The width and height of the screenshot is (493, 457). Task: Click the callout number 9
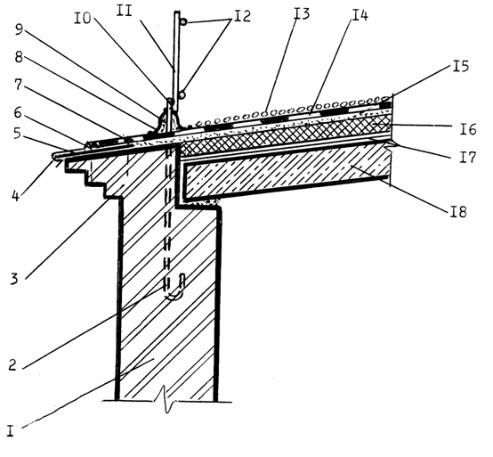pos(20,30)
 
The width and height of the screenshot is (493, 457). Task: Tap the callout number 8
pos(19,57)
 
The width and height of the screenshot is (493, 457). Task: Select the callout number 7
pos(19,84)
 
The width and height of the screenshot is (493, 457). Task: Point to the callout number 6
pos(18,111)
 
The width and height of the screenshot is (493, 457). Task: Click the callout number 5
pos(17,134)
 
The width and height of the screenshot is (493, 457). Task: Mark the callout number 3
pos(14,279)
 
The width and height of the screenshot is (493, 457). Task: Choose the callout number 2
pos(12,364)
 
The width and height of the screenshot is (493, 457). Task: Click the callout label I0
pos(83,18)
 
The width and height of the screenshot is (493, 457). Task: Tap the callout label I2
pos(242,16)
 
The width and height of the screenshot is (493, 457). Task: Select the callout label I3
pos(301,13)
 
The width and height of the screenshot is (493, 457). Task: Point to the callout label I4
pos(360,14)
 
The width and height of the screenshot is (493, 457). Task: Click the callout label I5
pos(461,66)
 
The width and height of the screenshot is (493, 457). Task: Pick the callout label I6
pos(468,129)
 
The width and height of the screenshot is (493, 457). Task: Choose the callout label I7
pos(468,157)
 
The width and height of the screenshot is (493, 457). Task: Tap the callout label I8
pos(458,211)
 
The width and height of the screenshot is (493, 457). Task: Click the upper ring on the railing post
pos(184,21)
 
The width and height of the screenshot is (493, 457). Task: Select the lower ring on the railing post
pos(182,94)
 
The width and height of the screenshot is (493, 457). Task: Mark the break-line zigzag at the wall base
pos(166,399)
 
